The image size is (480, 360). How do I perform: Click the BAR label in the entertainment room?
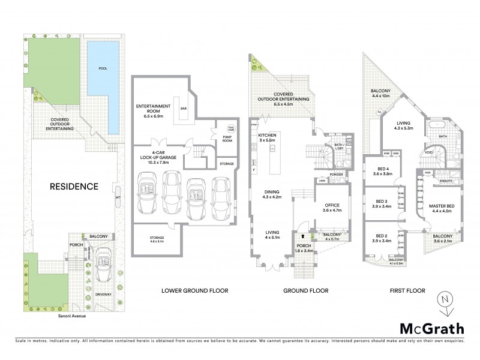click(183, 109)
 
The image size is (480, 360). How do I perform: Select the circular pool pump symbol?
click(231, 128)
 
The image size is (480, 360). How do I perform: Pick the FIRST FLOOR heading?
click(408, 291)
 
